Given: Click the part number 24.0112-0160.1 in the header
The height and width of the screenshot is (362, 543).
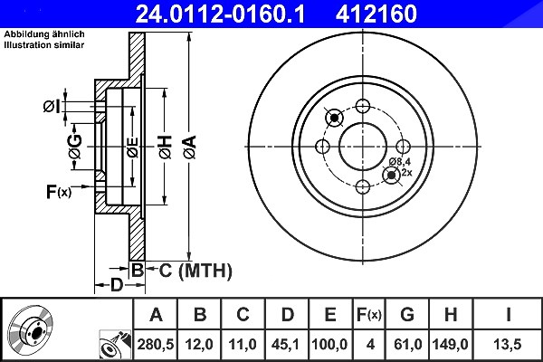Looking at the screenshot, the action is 220,14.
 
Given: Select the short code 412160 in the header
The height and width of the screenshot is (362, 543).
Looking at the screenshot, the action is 376,14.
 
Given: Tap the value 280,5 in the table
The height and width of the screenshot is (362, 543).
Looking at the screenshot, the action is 155,344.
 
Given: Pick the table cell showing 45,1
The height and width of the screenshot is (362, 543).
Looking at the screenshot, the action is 286,344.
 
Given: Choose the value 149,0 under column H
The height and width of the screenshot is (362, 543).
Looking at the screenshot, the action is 450,344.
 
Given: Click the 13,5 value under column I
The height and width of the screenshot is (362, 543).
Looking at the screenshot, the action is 508,344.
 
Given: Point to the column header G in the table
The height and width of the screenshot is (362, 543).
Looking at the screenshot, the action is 407,315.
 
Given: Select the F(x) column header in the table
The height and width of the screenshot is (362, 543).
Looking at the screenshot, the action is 369,315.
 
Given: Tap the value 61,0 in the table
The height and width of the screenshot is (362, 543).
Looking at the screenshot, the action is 407,344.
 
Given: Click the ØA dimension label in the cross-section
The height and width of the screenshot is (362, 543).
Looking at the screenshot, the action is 190,148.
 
